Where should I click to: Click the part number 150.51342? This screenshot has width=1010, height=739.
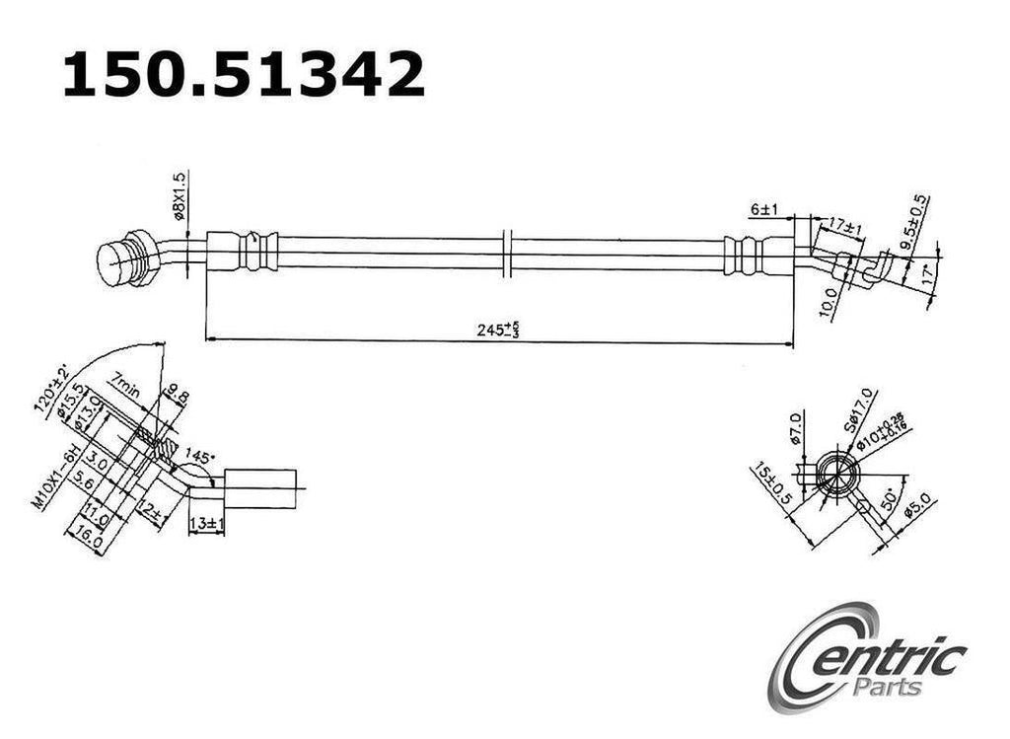pos(244,75)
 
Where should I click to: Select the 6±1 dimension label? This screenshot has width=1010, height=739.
pos(764,209)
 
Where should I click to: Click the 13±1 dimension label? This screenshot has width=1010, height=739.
pos(206,523)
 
